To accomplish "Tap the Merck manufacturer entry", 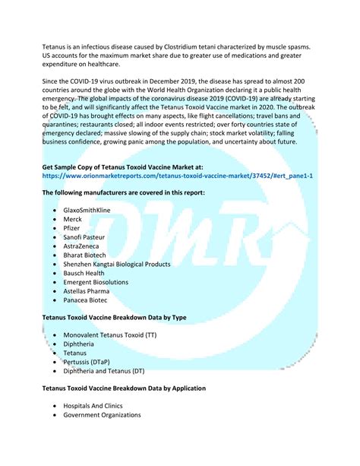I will coord(74,218).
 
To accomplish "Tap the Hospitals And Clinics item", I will coord(93,406).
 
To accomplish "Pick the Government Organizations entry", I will coord(102,415).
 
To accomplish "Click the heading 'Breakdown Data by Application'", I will coord(124,388).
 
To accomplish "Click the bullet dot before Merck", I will coord(55,218).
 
